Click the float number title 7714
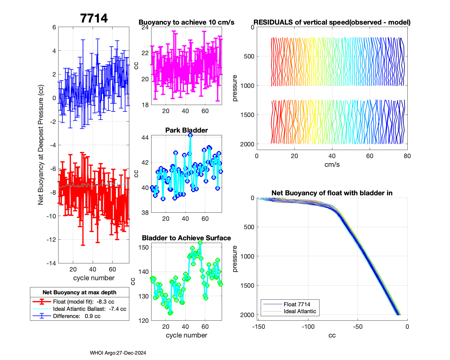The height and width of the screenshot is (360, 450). pos(94,18)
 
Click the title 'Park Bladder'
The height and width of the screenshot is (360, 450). pos(187,130)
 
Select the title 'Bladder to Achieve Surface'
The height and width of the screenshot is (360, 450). pos(186,238)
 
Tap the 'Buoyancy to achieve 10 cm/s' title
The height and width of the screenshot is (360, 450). pos(186,22)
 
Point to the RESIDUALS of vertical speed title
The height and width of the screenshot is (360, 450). pos(332,22)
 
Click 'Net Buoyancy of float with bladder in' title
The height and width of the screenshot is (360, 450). pos(332,193)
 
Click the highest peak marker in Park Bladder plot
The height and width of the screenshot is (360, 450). pos(190,135)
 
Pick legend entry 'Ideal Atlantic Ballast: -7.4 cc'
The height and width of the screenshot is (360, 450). pos(89,309)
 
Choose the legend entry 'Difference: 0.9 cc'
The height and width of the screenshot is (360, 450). pos(76,316)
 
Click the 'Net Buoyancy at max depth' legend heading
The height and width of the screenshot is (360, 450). pos(79,292)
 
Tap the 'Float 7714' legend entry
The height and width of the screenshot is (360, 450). pos(297,304)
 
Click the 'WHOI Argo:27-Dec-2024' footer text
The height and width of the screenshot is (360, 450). pos(118,353)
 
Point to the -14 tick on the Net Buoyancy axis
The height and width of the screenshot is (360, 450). pos(51,263)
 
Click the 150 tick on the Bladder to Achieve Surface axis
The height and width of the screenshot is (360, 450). pos(144,247)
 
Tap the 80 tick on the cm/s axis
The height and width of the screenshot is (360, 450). pos(407,156)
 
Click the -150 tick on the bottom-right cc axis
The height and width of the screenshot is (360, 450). pos(259,327)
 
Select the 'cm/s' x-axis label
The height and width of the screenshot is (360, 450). pos(332,164)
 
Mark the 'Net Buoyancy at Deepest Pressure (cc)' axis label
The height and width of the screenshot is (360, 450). pos(41,145)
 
